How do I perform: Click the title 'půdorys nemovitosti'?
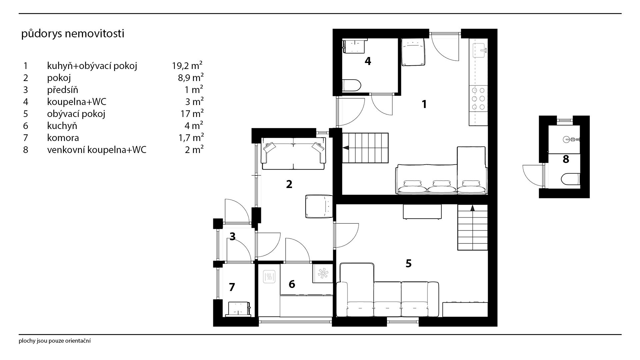coord(73,34)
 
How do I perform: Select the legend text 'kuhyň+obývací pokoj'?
coord(92,66)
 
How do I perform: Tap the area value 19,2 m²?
coord(187,66)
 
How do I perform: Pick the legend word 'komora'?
coord(63,138)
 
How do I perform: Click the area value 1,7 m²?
coord(191,138)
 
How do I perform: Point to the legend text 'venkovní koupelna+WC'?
coord(97,150)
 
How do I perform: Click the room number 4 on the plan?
coord(368,61)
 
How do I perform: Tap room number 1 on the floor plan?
coord(424,104)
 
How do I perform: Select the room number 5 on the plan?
coord(409,263)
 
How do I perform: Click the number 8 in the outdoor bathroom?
coord(566,159)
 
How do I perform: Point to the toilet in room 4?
coord(352,85)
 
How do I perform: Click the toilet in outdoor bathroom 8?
coord(571,179)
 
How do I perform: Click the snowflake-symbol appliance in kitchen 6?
coord(323,274)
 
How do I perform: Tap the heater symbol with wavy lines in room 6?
coord(269,276)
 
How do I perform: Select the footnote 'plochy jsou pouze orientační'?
coord(55,341)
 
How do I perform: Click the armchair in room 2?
coord(319,207)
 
